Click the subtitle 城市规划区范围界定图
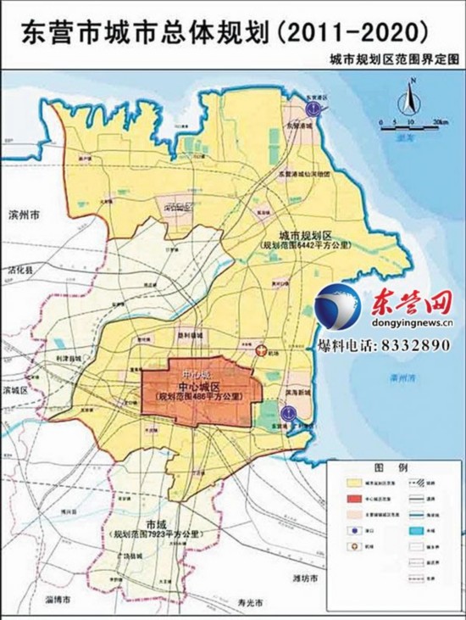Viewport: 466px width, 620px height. pos(394,61)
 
